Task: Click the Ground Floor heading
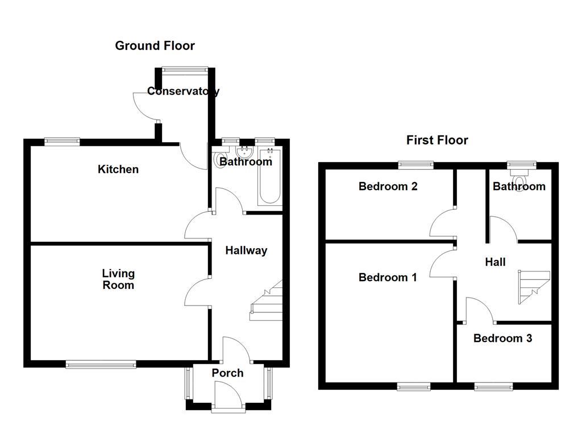coord(155,46)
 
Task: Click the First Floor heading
coord(437,140)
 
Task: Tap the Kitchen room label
coord(118,169)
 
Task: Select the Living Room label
coord(118,279)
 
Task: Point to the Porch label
coord(227,373)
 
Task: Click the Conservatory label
coord(183,91)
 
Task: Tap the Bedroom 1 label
coord(388,277)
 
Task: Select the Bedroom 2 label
coord(388,186)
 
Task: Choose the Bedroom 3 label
coord(502,338)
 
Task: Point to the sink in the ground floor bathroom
coord(246,152)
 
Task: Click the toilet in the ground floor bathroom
coord(221,161)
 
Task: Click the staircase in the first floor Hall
coord(533,288)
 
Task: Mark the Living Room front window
coord(101,364)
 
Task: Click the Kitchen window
coord(62,142)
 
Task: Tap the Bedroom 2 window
coord(415,165)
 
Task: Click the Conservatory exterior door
coord(145,106)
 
